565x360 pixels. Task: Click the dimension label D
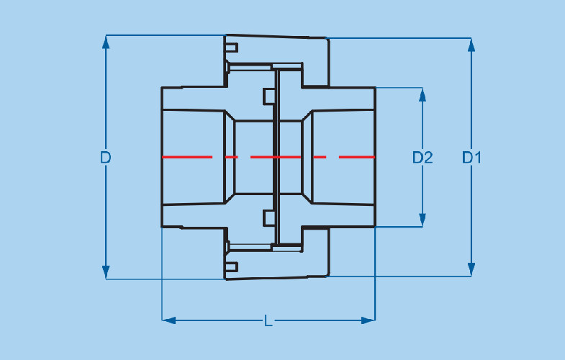pos(106,157)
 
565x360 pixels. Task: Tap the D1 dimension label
pos(471,157)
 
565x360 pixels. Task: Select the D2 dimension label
pos(422,157)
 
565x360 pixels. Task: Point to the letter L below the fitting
pos(268,320)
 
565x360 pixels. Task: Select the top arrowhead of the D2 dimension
pos(422,94)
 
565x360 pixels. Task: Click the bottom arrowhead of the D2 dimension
pos(422,220)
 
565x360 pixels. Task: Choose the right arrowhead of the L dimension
pos(368,320)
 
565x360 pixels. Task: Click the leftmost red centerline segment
pos(187,156)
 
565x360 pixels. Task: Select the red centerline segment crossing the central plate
pos(276,156)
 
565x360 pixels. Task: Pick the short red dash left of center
pos(231,156)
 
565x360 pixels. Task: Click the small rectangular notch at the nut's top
pos(231,48)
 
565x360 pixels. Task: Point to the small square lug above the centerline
pos(268,96)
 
